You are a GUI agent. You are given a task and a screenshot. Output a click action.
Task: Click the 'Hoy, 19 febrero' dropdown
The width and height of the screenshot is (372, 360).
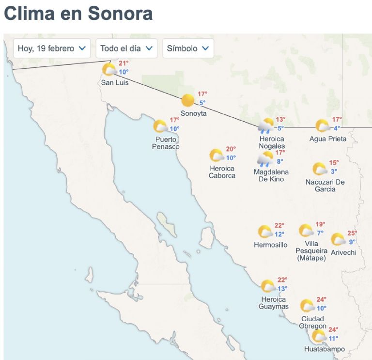pyautogui.click(x=52, y=48)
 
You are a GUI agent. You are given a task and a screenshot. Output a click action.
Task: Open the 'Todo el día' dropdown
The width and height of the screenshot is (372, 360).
pyautogui.click(x=126, y=48)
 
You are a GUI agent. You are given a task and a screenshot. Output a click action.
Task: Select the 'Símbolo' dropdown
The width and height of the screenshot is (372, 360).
pyautogui.click(x=188, y=48)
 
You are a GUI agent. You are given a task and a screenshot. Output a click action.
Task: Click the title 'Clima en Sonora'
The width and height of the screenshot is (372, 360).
pyautogui.click(x=78, y=13)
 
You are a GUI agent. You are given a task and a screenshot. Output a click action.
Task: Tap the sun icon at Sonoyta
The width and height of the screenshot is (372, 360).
pyautogui.click(x=187, y=101)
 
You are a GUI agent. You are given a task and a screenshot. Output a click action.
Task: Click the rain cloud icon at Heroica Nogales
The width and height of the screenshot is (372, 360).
pyautogui.click(x=266, y=126)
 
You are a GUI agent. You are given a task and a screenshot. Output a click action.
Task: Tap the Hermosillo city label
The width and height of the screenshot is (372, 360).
pyautogui.click(x=271, y=245)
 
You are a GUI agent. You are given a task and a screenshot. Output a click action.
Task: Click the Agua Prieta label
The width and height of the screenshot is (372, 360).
pyautogui.click(x=328, y=139)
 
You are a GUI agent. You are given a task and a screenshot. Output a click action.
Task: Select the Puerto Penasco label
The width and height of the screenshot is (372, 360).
pyautogui.click(x=166, y=143)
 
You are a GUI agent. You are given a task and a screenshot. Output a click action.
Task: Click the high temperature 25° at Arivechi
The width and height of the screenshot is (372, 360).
pyautogui.click(x=352, y=233)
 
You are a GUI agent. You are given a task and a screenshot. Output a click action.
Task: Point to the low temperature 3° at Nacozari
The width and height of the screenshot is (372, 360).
pyautogui.click(x=334, y=172)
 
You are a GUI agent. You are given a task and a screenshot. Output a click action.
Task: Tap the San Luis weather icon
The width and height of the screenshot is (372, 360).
pyautogui.click(x=109, y=70)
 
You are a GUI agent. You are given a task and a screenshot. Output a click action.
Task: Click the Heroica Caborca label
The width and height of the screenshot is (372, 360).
pyautogui.click(x=222, y=172)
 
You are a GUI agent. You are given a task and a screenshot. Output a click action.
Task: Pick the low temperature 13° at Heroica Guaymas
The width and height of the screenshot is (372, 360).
pyautogui.click(x=282, y=289)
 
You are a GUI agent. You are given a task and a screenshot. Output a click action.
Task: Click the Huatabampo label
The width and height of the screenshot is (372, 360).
pyautogui.click(x=325, y=349)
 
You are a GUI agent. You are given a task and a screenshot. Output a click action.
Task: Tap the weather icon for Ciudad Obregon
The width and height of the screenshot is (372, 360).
pyautogui.click(x=307, y=306)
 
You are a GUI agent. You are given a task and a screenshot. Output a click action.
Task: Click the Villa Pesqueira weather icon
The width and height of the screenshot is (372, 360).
pyautogui.click(x=306, y=231)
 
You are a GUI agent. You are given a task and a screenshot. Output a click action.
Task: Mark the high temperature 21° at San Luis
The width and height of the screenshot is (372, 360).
pyautogui.click(x=124, y=63)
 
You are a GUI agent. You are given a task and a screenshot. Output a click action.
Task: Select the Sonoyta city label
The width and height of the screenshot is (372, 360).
pyautogui.click(x=193, y=113)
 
